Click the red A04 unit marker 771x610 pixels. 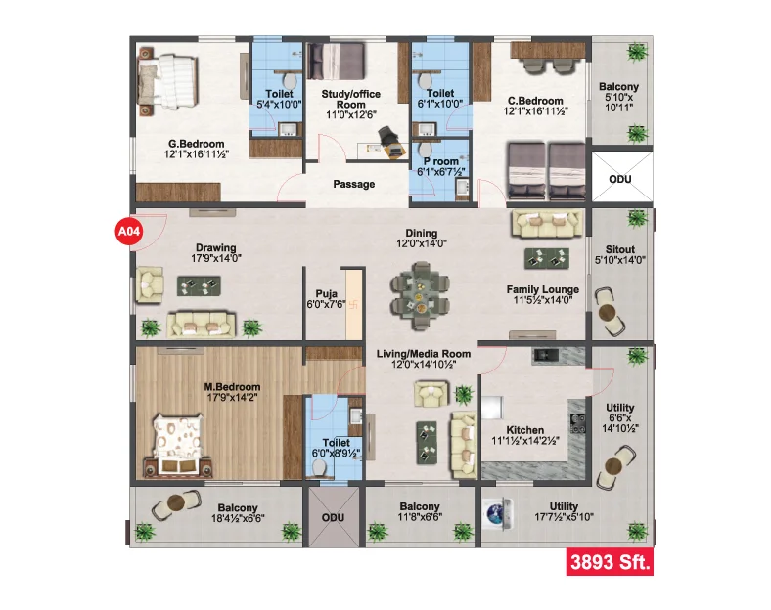tap(129, 230)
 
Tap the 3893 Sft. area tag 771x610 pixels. tap(610, 561)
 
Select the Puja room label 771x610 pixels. tap(327, 294)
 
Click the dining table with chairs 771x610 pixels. tap(420, 296)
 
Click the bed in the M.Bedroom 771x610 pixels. tap(178, 447)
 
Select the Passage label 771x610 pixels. tap(354, 184)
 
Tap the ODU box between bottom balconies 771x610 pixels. tap(334, 517)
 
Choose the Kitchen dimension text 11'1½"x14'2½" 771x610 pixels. tap(525, 441)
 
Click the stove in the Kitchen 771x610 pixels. tap(577, 424)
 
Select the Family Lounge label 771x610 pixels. tap(543, 289)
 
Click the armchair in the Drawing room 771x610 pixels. tap(150, 284)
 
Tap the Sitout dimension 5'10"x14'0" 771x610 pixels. tap(620, 260)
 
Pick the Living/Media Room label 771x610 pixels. tap(424, 354)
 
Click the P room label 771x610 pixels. tap(441, 161)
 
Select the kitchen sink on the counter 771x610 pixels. tap(545, 356)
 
